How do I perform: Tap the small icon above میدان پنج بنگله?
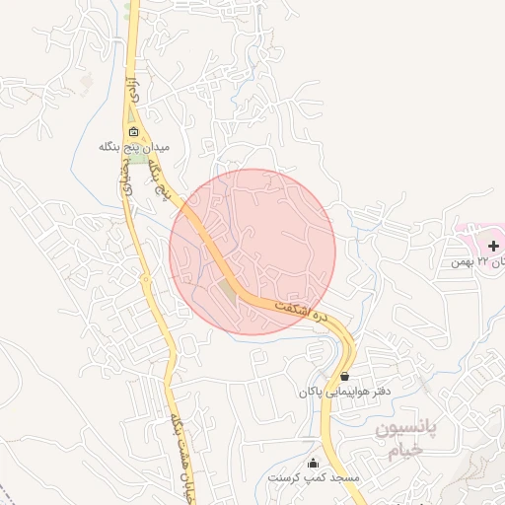click(134, 132)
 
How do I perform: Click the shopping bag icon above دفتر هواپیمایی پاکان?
click(344, 376)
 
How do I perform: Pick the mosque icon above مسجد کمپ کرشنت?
click(314, 464)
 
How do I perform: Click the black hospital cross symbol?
click(493, 244)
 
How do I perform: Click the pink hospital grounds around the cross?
click(473, 237)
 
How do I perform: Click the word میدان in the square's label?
click(158, 146)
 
